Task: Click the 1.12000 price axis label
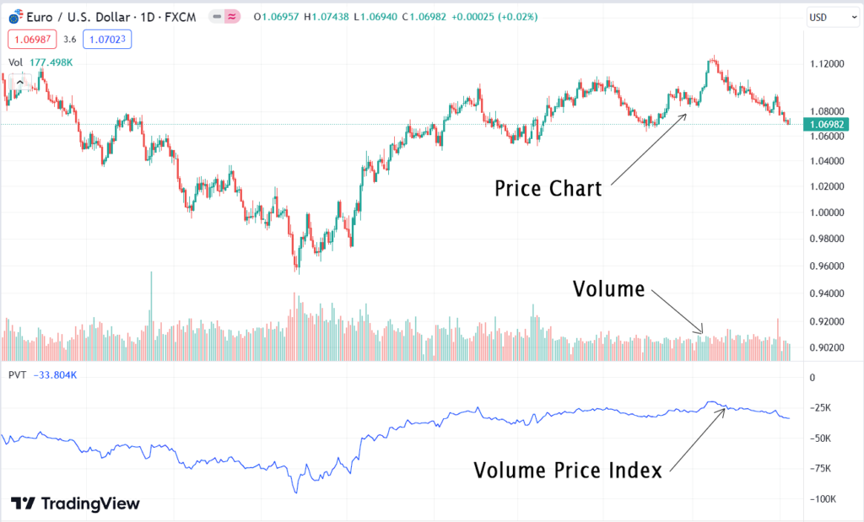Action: coord(825,64)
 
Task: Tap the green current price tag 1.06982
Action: coord(828,124)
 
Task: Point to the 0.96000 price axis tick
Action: coord(825,266)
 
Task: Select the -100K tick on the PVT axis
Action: coord(823,499)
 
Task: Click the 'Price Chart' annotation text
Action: coord(548,188)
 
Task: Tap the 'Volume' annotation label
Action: coord(608,289)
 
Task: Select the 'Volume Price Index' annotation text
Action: coord(567,471)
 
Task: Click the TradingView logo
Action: coord(75,503)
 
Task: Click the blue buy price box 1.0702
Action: coord(107,39)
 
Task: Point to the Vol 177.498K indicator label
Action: coord(40,62)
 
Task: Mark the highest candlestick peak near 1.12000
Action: coord(714,59)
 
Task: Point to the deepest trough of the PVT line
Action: coord(296,492)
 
